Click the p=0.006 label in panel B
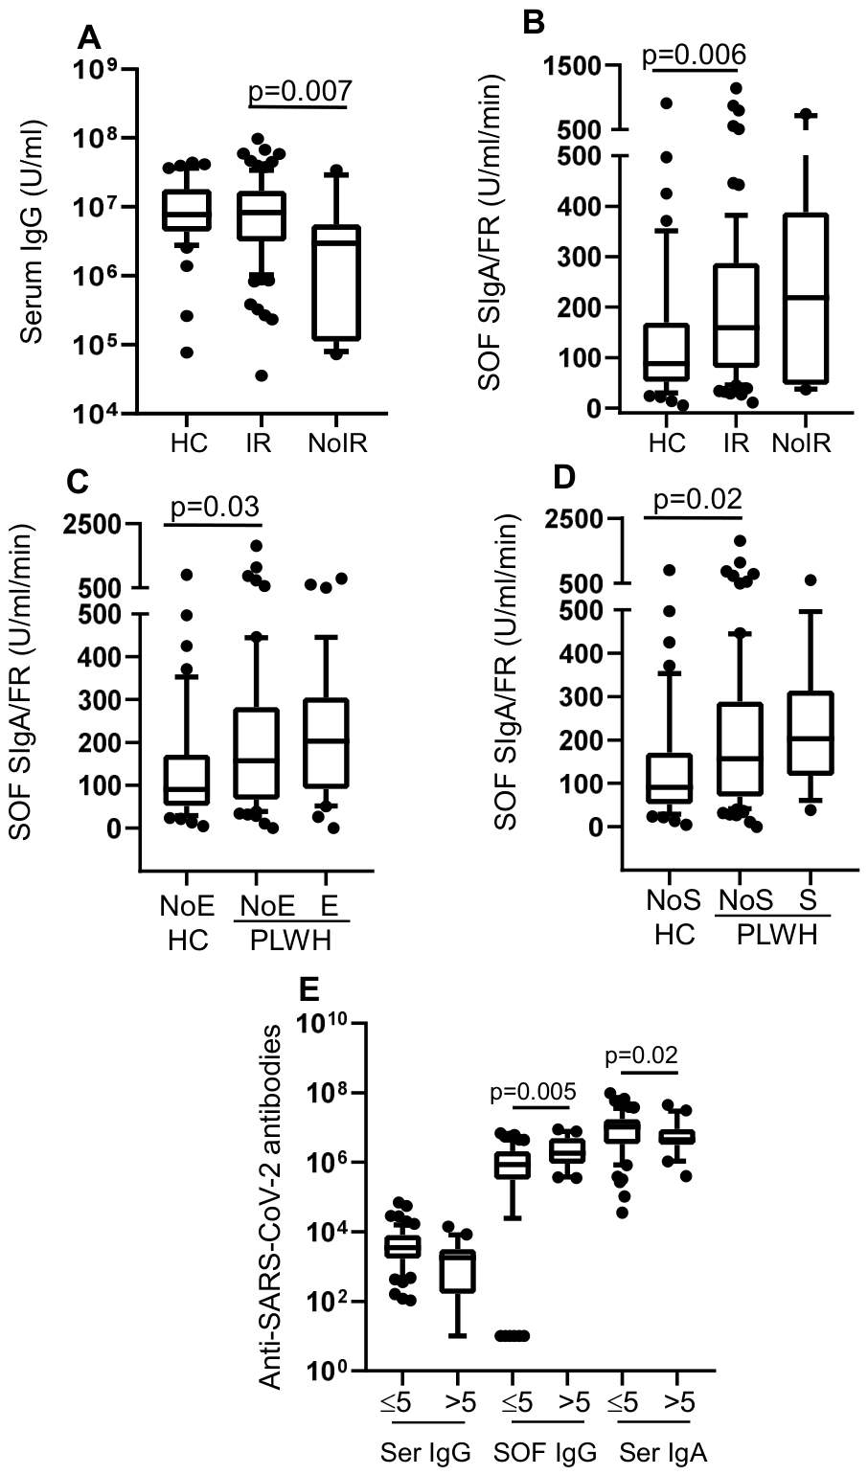pos(693,55)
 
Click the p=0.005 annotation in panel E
pos(533,1091)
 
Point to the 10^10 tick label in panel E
pos(323,1024)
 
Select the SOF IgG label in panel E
pos(543,1452)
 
